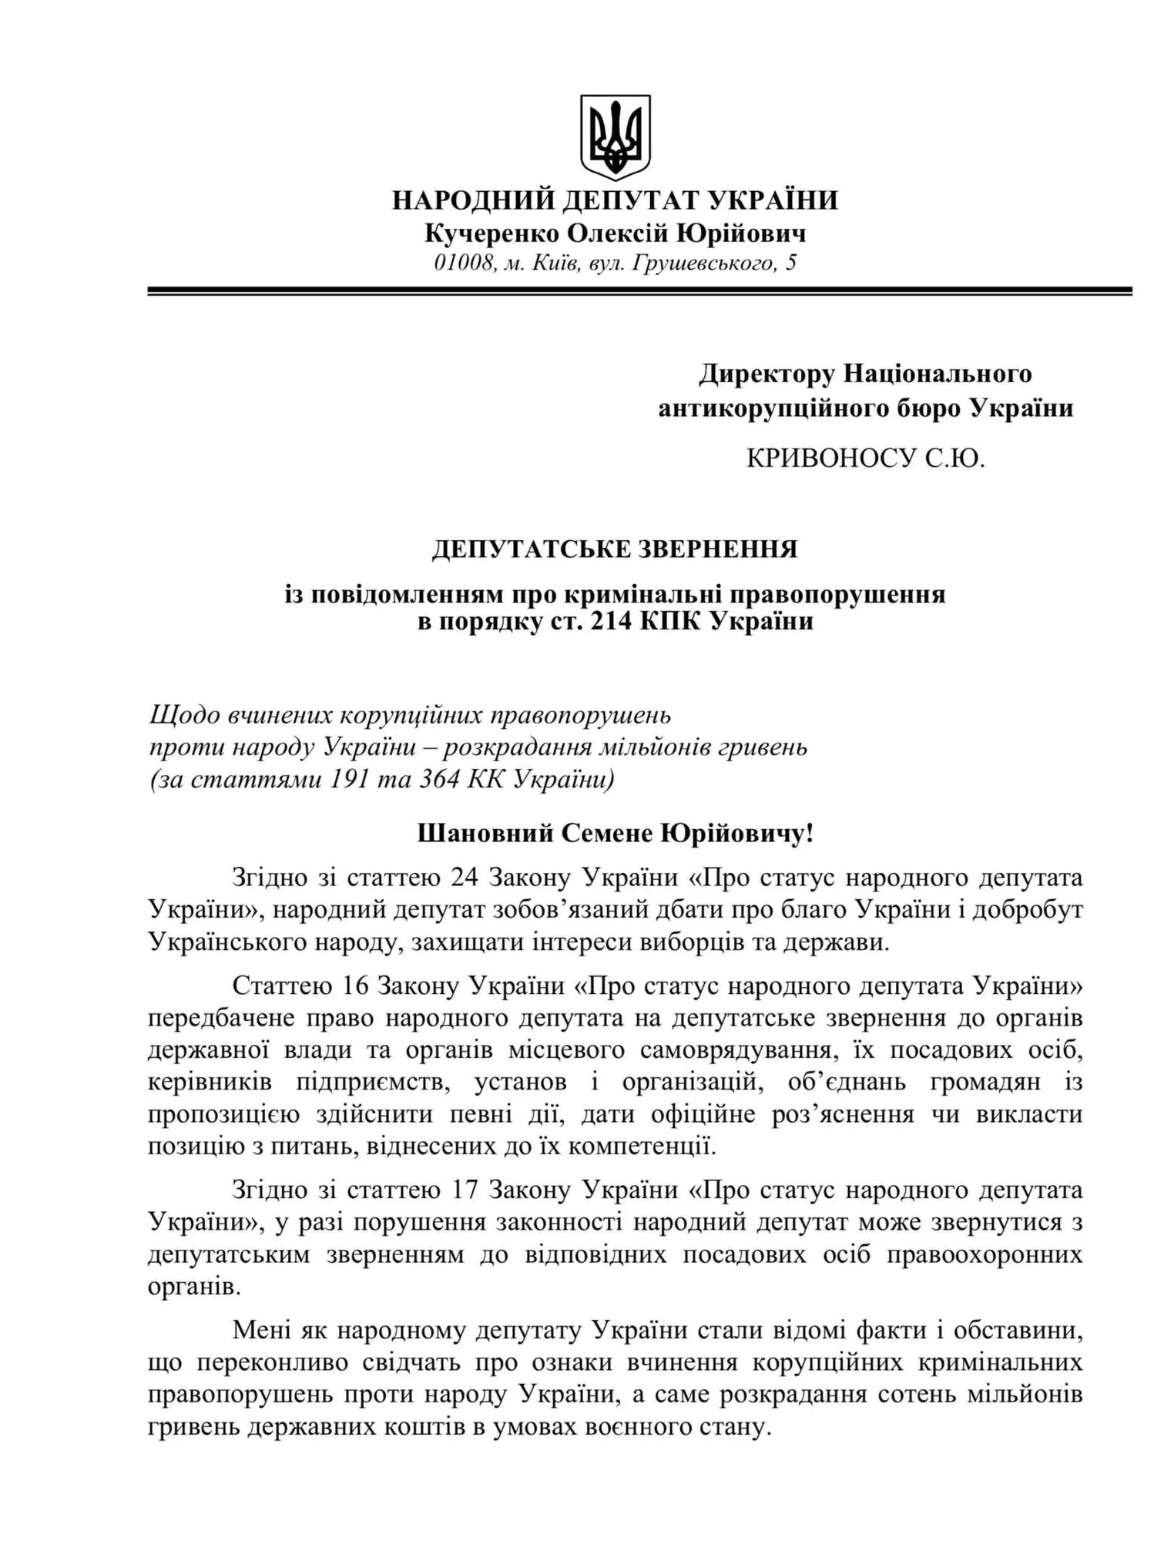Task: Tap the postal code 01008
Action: point(462,264)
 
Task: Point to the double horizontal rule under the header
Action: point(639,291)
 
